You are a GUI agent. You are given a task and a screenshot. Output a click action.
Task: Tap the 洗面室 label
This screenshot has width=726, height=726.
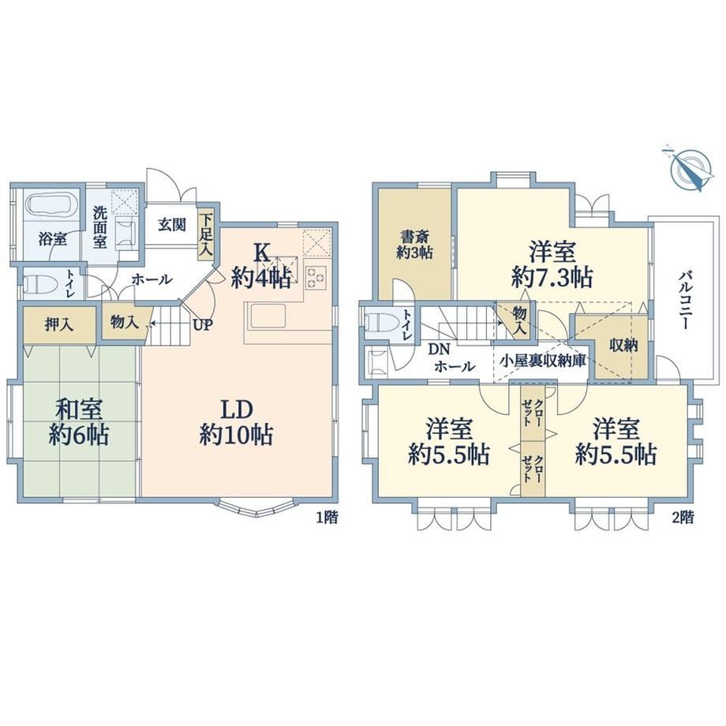[99, 227]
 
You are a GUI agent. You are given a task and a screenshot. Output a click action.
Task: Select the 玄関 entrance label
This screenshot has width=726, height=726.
[172, 225]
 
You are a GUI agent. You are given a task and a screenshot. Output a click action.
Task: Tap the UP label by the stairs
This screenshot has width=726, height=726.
[203, 325]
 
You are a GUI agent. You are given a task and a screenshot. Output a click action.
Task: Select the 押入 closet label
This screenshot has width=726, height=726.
[59, 324]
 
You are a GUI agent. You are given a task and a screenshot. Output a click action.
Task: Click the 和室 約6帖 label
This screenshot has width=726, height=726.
[79, 422]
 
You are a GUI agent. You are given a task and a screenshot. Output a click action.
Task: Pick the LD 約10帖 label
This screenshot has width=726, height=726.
[236, 422]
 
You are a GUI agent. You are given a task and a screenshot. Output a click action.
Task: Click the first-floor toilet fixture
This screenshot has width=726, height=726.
[34, 283]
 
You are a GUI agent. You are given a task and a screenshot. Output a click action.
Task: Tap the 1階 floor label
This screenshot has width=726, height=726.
[327, 517]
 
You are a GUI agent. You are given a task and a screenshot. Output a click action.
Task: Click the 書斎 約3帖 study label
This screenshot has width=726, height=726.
[414, 245]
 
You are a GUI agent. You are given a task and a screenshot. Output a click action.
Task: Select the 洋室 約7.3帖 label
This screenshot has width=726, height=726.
[552, 265]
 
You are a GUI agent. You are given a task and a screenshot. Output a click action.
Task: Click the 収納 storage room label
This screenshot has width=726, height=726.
[623, 346]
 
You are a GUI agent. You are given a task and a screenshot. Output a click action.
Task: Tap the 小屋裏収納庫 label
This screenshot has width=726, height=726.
[543, 361]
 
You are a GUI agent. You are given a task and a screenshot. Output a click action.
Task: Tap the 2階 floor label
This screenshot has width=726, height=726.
[683, 517]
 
